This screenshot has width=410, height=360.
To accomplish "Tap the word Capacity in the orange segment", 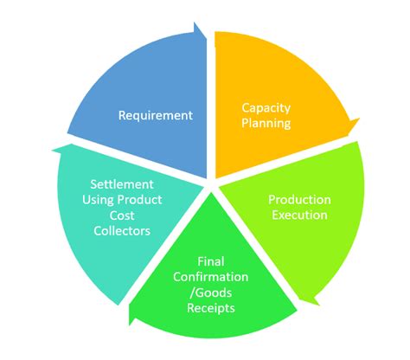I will (x=266, y=108).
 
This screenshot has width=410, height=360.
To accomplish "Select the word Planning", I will (x=266, y=123).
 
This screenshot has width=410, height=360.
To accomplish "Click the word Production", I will (x=299, y=199).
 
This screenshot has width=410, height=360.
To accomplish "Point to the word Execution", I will (x=299, y=214).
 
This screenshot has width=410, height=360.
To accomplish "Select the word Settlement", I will (x=123, y=183).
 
